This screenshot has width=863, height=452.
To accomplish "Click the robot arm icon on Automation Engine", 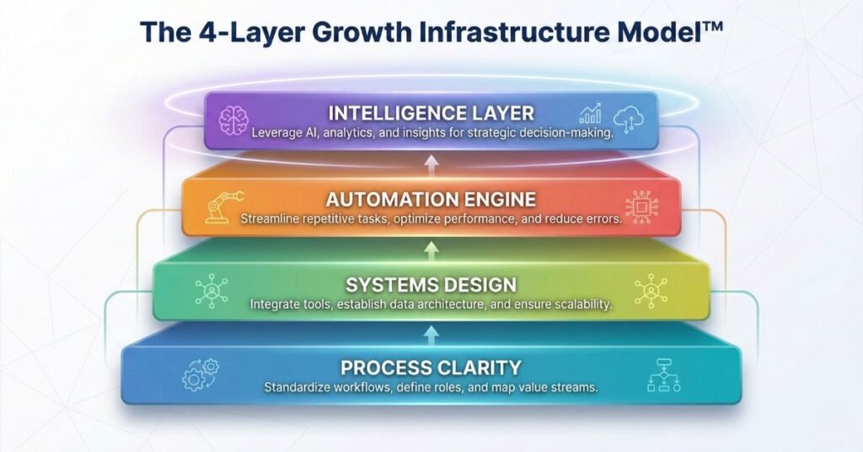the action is pyautogui.click(x=222, y=205).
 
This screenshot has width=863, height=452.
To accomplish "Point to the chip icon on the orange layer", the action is pyautogui.click(x=641, y=206).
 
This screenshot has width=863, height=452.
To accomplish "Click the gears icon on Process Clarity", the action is pyautogui.click(x=200, y=374).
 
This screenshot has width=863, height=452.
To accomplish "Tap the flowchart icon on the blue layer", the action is pyautogui.click(x=663, y=374).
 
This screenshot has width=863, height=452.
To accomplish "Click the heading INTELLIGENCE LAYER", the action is pyautogui.click(x=431, y=113).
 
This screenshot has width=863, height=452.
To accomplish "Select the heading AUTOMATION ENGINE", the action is pyautogui.click(x=431, y=200).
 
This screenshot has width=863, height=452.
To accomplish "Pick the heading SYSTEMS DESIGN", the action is pyautogui.click(x=431, y=284).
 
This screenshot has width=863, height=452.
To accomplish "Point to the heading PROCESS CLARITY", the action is pyautogui.click(x=431, y=368).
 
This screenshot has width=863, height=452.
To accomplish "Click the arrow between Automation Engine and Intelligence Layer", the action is pyautogui.click(x=431, y=164).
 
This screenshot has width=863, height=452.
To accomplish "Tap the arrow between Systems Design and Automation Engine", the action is pyautogui.click(x=431, y=249).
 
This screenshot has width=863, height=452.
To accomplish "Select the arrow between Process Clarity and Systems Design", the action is pyautogui.click(x=431, y=334).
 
